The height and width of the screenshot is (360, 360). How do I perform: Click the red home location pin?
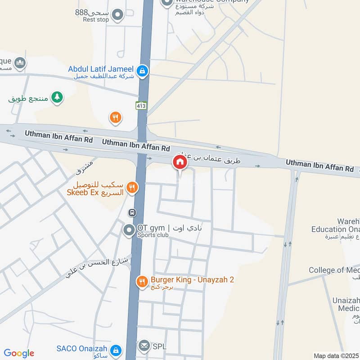click(x=180, y=162)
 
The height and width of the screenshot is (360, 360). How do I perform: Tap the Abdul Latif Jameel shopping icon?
click(x=142, y=70)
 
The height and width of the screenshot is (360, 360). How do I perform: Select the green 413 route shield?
click(x=141, y=105)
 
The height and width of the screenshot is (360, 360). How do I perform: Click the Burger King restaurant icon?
click(x=142, y=282)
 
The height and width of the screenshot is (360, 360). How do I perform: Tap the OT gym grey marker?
click(x=129, y=230)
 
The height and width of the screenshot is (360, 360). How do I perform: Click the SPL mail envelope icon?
click(x=144, y=346)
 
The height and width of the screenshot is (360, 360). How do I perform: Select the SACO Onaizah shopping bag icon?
click(x=116, y=350)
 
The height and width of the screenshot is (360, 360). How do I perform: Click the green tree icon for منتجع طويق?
click(x=57, y=97)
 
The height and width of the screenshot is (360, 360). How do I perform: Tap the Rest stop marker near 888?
click(x=117, y=15)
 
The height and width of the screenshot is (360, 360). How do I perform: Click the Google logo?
click(x=19, y=353)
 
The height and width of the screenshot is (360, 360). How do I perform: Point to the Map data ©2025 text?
click(x=335, y=355)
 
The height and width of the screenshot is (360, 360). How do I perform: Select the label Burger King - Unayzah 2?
click(x=192, y=279)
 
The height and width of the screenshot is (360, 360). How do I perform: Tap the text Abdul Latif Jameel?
click(x=101, y=69)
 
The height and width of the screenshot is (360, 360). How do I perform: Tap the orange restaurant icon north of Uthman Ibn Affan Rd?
click(x=116, y=118)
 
